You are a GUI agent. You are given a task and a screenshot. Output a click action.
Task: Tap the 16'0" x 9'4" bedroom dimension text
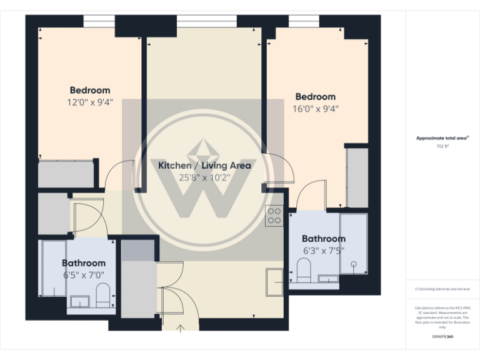click(x=315, y=109)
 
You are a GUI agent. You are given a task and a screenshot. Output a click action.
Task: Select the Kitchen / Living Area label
click(x=204, y=166)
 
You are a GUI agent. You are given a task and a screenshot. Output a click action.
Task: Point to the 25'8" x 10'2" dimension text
click(x=204, y=177)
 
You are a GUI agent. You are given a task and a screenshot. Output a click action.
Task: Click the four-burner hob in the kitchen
click(x=274, y=216)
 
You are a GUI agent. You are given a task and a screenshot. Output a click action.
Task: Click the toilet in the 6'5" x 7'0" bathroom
click(x=103, y=296)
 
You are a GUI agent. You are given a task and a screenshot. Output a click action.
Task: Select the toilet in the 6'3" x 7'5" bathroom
click(x=304, y=271)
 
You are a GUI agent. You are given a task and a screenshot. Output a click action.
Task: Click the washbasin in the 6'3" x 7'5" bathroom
click(x=327, y=278)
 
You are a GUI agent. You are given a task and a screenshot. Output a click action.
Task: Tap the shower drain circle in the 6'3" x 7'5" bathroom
click(x=354, y=264)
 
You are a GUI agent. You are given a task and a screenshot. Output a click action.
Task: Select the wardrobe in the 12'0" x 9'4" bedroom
click(x=67, y=173)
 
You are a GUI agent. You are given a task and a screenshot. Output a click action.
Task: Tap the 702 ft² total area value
click(x=442, y=146)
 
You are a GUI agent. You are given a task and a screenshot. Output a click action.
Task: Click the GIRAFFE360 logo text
click(x=442, y=337)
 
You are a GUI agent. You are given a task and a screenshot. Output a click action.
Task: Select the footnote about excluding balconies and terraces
click(x=442, y=289)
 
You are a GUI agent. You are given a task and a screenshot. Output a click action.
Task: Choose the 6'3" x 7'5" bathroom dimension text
click(x=323, y=250)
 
